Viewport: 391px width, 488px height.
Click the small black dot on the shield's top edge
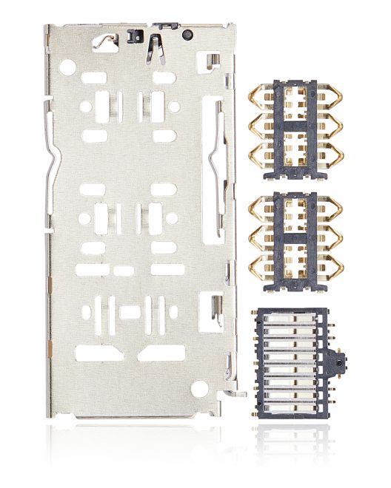[188, 34]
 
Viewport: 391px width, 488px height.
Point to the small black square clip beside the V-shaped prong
[135, 35]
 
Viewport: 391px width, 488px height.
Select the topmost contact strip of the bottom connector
[293, 320]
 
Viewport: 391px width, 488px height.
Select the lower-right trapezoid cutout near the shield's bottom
[161, 353]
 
